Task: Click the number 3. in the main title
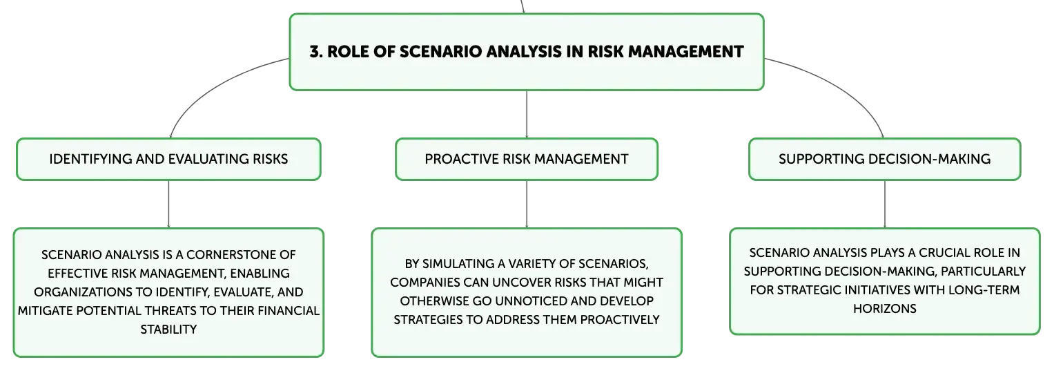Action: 316,52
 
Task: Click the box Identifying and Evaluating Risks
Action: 168,159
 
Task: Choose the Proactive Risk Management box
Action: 527,159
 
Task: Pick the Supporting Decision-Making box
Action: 885,159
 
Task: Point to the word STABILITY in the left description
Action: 168,330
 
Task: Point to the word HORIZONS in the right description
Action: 885,309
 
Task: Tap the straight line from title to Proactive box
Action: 527,115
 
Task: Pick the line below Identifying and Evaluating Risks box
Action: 168,204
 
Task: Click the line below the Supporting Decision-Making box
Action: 885,204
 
